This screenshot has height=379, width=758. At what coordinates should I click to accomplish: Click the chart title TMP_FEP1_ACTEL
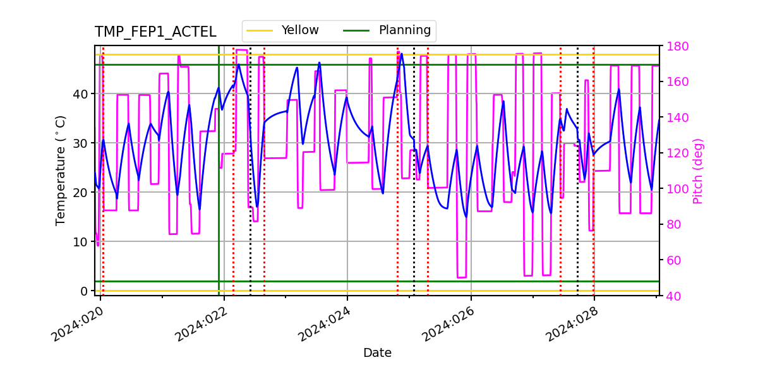click(155, 32)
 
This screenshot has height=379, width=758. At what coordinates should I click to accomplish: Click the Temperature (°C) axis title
click(61, 170)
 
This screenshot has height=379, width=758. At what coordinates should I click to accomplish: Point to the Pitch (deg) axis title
click(697, 171)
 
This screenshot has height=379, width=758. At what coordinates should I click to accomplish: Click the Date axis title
click(377, 353)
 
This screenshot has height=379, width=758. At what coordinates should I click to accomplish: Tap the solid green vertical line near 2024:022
click(219, 189)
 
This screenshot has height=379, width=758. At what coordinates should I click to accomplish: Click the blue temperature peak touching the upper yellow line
click(402, 55)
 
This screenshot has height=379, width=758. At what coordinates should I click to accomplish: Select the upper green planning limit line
click(505, 64)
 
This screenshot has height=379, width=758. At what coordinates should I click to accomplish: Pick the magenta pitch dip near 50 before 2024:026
click(462, 277)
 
